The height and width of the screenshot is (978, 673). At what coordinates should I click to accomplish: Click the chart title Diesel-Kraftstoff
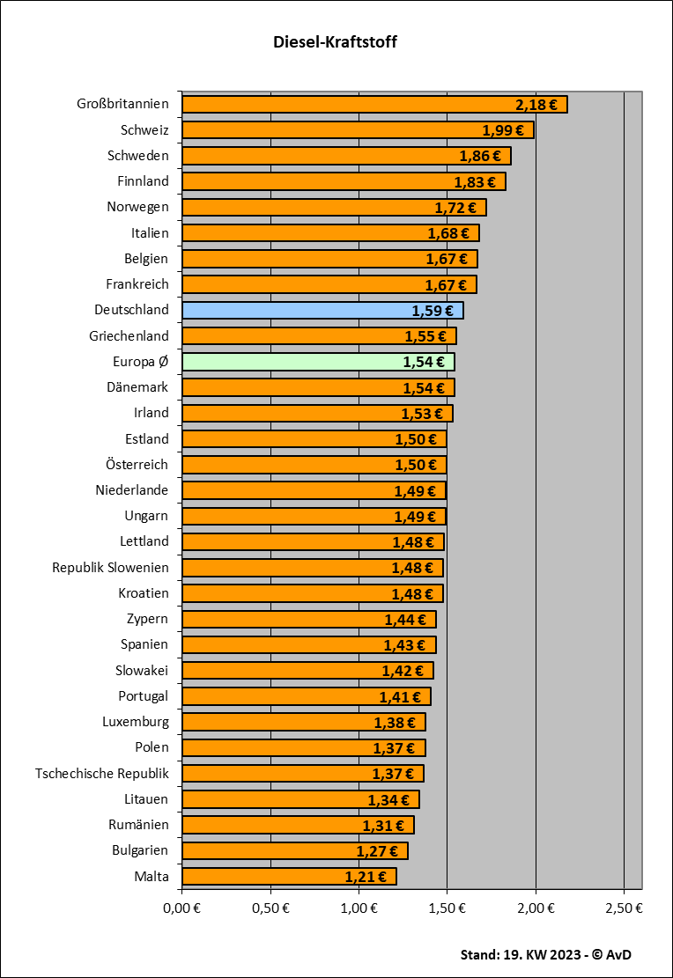(336, 42)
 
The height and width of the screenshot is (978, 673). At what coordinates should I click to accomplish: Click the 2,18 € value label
(536, 105)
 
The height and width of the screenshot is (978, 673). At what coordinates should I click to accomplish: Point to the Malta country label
(152, 876)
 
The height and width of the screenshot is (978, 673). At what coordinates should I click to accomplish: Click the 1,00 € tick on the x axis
(359, 908)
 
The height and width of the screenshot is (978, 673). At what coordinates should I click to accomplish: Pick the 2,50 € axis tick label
(624, 908)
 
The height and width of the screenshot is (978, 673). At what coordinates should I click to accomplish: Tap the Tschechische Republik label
(102, 773)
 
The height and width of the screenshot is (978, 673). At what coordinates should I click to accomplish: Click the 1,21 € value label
(365, 877)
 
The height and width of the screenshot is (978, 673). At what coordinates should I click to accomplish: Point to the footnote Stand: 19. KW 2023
(545, 954)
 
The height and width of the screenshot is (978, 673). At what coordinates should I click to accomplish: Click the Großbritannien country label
(122, 104)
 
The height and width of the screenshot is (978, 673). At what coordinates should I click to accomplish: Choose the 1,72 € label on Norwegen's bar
(455, 208)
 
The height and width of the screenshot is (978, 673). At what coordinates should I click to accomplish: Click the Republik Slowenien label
(110, 567)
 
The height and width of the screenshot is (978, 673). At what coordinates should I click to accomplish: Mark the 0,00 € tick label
(181, 908)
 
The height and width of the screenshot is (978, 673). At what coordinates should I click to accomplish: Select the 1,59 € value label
(432, 311)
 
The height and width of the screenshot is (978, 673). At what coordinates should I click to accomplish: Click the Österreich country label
(132, 464)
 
